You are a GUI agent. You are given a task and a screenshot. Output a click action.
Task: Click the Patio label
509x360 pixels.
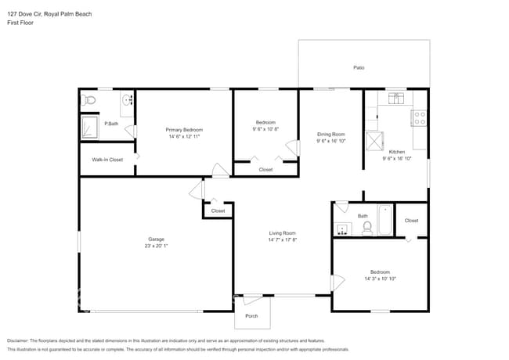359,68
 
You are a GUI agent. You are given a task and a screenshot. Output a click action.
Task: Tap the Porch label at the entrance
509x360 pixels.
251,316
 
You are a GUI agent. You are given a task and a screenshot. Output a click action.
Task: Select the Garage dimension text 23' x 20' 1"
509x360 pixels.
157,246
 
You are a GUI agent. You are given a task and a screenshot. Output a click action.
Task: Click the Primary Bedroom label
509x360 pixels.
184,129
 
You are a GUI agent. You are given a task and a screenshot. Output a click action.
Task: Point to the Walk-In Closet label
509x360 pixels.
107,160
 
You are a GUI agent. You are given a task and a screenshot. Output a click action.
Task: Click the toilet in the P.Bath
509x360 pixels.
88,99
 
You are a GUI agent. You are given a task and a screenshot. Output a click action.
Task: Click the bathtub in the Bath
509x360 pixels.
384,220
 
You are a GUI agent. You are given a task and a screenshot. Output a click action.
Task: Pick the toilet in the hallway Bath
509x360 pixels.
366,228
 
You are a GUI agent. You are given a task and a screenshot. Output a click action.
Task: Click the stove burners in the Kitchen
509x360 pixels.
420,118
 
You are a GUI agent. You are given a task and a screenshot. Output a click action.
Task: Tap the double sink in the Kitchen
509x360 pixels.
396,98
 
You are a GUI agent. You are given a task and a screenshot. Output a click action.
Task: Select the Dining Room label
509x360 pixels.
330,134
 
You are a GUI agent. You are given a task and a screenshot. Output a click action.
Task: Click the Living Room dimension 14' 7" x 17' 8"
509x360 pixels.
282,239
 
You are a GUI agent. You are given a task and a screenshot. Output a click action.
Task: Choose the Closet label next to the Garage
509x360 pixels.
218,211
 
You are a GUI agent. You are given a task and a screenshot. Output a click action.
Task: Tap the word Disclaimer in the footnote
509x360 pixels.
20,341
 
